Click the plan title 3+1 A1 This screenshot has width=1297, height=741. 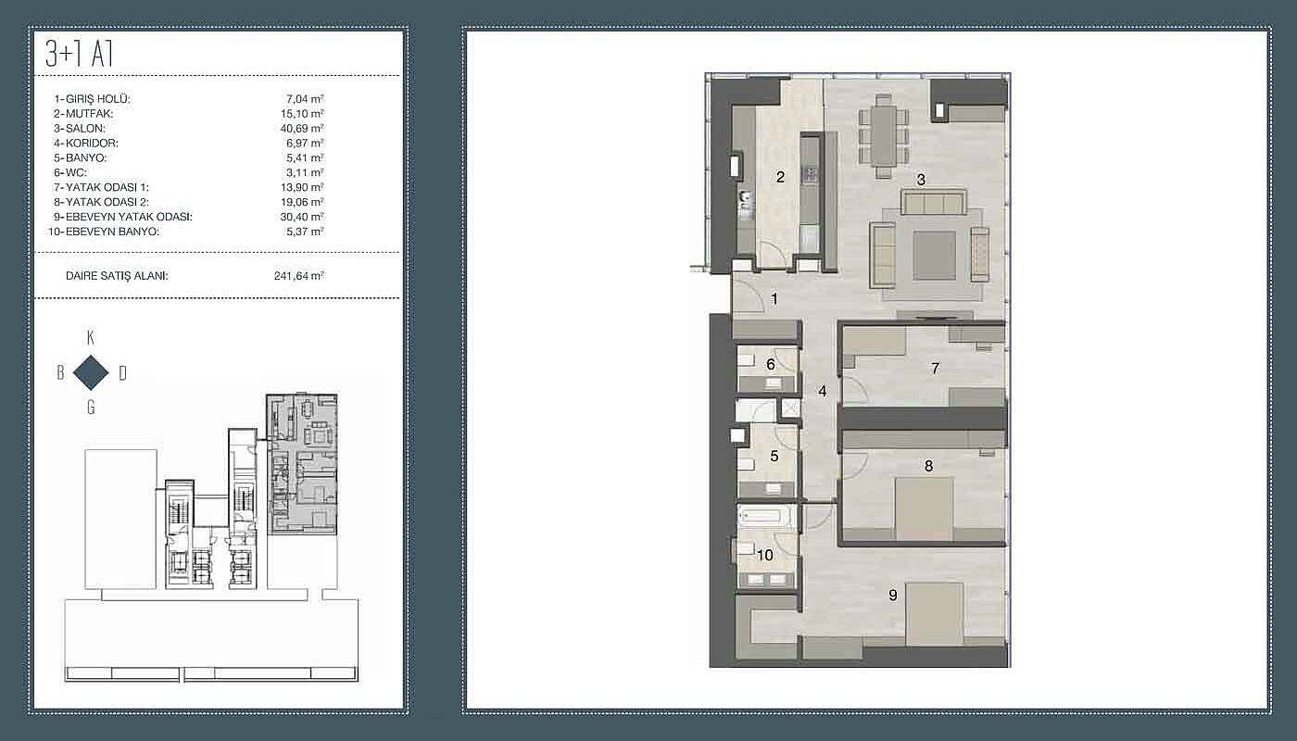tap(79, 55)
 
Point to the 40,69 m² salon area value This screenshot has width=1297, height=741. tap(302, 128)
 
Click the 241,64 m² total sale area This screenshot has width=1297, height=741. tap(298, 276)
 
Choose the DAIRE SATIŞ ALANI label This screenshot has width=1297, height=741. tap(117, 276)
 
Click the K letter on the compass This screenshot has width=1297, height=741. tap(91, 337)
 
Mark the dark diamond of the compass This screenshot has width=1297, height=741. tap(91, 372)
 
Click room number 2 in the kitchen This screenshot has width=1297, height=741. tap(780, 177)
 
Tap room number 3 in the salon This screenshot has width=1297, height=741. tap(921, 180)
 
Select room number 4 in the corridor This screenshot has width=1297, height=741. tap(823, 391)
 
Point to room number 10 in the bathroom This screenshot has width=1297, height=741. tap(765, 555)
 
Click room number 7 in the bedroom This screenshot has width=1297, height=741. tap(935, 369)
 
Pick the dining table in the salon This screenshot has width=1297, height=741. tap(884, 135)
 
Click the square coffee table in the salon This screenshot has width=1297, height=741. tap(935, 256)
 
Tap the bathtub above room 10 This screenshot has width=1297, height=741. tap(765, 515)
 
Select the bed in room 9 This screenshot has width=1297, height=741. tap(935, 613)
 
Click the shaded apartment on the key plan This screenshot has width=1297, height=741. tap(302, 464)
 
